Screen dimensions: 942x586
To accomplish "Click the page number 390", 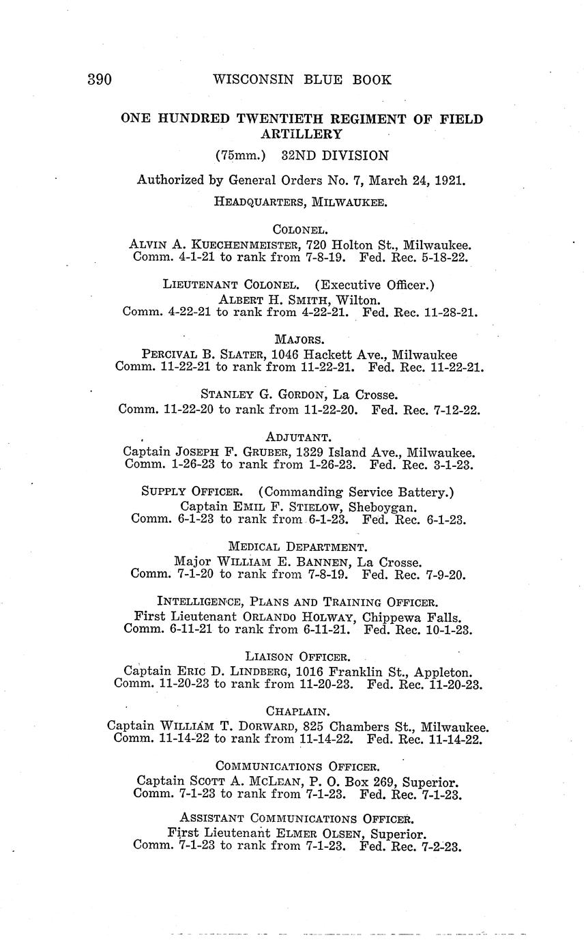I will click(x=100, y=79).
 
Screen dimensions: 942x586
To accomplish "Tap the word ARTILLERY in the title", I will click(x=302, y=134).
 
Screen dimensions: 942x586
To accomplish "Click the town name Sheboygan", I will click(x=383, y=506).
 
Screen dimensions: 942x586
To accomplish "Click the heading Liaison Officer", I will click(x=299, y=657).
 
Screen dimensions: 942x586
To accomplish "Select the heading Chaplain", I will click(x=299, y=711).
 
